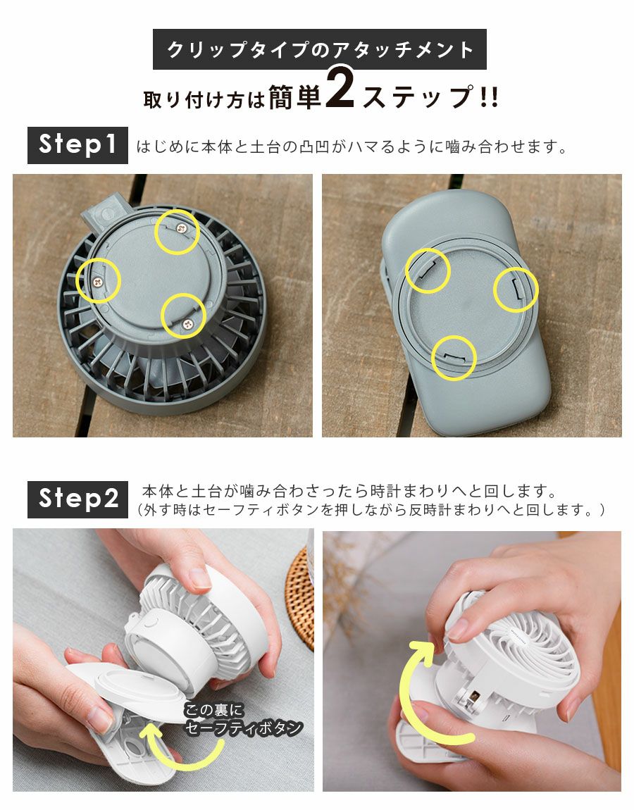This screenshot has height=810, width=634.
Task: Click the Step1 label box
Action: (x=77, y=145)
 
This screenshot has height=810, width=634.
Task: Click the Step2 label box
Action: (x=77, y=499)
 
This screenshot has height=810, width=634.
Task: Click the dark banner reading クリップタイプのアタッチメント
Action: (x=320, y=49)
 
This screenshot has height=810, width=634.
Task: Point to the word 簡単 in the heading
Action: (x=295, y=96)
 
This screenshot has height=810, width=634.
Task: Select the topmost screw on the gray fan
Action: (x=180, y=230)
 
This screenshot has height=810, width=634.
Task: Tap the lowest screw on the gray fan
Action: (x=187, y=324)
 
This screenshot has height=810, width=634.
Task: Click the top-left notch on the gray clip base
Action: (x=428, y=270)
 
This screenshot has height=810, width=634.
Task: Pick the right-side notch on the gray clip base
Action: (x=516, y=289)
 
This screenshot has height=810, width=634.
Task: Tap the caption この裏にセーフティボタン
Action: (x=243, y=718)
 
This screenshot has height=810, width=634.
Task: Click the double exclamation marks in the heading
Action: (x=489, y=97)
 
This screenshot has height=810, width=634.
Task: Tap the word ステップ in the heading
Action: (x=418, y=97)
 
